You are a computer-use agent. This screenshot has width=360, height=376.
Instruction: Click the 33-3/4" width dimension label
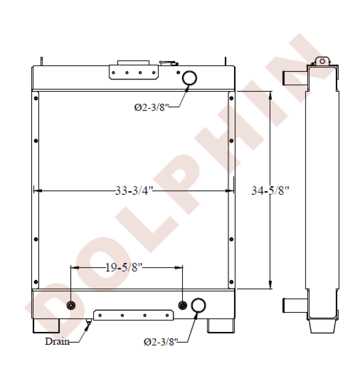134,191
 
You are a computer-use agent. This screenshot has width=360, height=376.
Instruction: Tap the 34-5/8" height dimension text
270,191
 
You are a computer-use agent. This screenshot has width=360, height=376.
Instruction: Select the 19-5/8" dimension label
124,267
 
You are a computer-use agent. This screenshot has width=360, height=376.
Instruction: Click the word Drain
57,341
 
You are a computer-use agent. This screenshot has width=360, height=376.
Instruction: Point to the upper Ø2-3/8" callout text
151,107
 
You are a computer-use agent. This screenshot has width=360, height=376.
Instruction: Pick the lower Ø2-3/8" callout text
161,342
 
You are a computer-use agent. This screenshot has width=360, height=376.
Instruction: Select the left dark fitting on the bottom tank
71,305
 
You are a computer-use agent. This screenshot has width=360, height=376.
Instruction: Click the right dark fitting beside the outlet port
182,305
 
